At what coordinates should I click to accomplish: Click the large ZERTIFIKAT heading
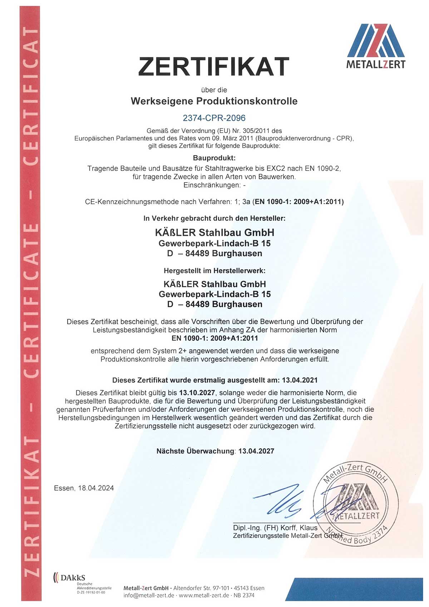pos(213,66)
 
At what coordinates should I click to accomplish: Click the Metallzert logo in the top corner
pos(376,46)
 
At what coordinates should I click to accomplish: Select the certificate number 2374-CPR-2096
pos(214,118)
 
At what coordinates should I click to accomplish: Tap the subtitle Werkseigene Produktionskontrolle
pos(214,101)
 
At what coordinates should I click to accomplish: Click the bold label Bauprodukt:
pos(214,158)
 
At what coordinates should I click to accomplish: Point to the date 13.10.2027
pos(197,393)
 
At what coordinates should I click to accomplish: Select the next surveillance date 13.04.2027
pos(256,451)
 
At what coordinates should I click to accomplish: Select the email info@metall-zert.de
pos(149,595)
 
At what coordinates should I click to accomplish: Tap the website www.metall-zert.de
pos(204,595)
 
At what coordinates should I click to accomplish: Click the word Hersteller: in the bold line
pos(268,218)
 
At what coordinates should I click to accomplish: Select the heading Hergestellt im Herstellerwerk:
pos(214,271)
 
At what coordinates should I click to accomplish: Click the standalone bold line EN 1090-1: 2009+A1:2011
pos(214,338)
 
